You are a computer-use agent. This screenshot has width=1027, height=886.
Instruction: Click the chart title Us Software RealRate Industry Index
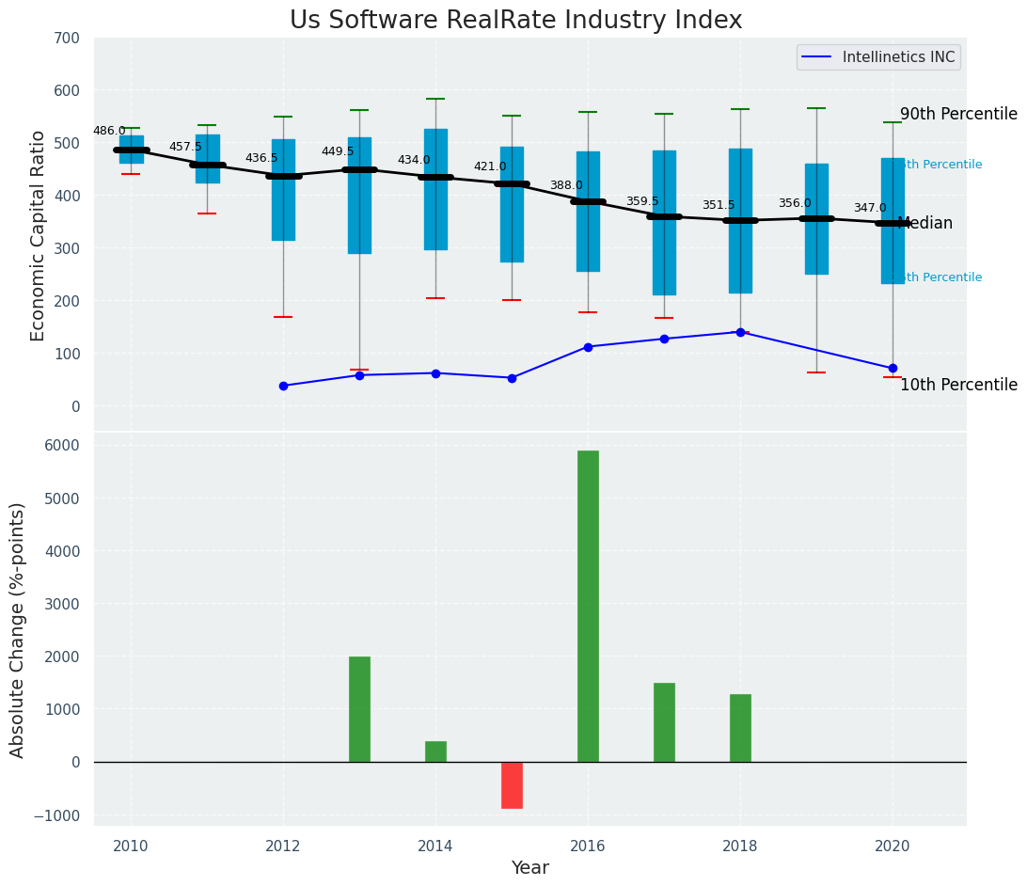[515, 21]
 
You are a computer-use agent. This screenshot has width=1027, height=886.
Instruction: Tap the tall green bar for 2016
[588, 606]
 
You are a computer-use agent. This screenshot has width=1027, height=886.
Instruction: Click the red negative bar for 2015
[512, 784]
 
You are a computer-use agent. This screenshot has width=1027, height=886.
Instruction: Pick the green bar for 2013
[359, 709]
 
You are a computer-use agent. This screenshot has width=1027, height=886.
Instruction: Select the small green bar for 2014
[435, 752]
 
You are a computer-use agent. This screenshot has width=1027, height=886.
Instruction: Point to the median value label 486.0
[109, 132]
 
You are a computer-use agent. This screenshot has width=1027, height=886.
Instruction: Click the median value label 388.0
[566, 186]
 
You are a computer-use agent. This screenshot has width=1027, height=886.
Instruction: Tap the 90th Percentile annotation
[958, 115]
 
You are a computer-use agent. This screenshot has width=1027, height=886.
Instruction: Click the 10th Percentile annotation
[958, 386]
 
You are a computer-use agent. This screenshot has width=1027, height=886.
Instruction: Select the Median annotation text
[925, 224]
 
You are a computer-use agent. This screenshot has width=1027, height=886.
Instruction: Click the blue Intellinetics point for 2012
[283, 386]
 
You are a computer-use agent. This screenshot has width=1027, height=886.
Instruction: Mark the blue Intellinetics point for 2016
[588, 347]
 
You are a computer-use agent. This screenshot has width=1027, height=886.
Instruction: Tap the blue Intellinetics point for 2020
[893, 368]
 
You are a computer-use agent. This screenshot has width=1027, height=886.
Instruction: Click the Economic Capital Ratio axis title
[39, 235]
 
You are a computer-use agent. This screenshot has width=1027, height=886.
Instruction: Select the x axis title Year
[529, 868]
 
